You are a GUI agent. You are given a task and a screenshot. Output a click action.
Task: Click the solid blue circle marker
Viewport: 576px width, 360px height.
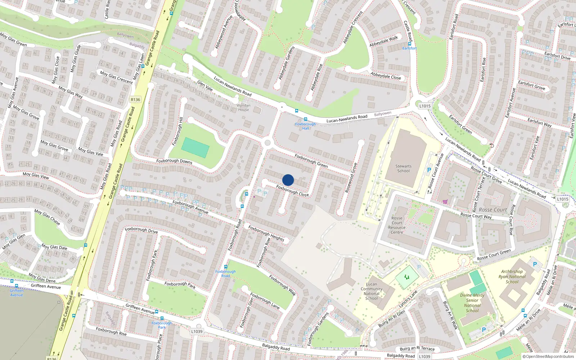[288, 180]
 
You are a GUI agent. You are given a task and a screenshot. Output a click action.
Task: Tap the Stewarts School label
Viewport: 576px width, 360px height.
[403, 168]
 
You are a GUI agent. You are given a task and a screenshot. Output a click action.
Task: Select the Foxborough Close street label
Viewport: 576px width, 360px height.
[292, 191]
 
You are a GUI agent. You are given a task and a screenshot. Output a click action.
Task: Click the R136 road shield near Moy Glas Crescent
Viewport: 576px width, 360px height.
[135, 100]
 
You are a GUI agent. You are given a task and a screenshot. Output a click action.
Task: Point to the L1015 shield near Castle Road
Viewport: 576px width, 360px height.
[425, 106]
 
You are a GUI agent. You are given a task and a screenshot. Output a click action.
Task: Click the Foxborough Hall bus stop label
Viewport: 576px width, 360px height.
[305, 126]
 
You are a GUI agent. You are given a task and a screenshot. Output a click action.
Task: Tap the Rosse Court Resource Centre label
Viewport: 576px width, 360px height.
[397, 225]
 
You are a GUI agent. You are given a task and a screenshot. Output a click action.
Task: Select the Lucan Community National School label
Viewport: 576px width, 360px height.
[372, 291]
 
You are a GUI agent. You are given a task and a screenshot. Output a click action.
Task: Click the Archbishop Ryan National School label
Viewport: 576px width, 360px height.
[512, 276]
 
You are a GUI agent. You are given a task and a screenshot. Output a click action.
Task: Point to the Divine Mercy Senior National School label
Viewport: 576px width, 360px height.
[472, 303]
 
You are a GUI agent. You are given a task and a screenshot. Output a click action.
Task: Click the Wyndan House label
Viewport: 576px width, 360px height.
[243, 108]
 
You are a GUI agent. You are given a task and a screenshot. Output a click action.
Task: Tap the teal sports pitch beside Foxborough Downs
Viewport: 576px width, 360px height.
[195, 147]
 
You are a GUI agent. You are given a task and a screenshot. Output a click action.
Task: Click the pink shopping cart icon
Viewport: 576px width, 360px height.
[445, 202]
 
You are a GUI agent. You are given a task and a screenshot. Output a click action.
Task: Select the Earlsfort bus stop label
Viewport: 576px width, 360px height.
[409, 48]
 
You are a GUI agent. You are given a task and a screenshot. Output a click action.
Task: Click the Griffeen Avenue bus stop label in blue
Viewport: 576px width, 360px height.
[17, 293]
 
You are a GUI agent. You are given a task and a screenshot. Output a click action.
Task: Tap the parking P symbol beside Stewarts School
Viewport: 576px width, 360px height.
[429, 170]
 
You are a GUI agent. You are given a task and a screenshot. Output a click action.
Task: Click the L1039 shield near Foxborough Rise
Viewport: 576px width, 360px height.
[197, 332]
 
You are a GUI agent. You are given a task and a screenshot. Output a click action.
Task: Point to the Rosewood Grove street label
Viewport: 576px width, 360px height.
[351, 177]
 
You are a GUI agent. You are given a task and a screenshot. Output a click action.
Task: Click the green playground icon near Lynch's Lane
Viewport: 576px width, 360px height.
[407, 277]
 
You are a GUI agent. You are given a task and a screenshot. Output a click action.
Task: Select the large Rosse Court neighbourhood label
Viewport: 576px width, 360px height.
[492, 210]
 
